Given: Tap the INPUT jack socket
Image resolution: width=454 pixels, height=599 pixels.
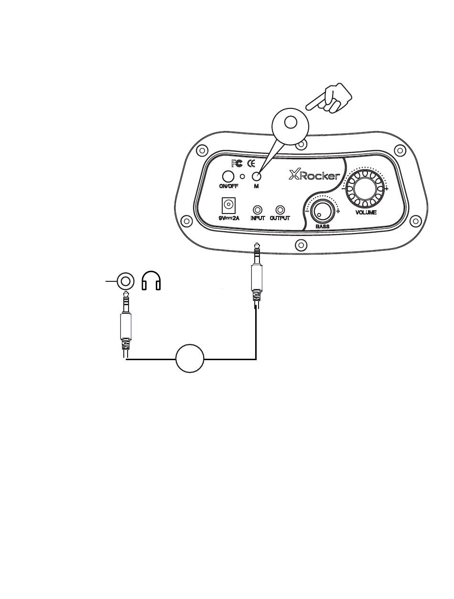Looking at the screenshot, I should pos(258,210).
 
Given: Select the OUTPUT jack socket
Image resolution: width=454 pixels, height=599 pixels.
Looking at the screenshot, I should pos(281,210).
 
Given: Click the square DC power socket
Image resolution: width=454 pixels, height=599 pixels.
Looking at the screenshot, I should pos(229,206).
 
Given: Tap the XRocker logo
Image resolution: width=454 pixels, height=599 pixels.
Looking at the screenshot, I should pos(314,175).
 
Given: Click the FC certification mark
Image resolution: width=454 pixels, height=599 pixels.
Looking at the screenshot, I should pos(237,163).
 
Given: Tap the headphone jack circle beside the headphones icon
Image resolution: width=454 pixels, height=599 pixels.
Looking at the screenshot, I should pos(125,281).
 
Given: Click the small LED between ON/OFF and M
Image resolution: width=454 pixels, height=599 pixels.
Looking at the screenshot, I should pos(242,176).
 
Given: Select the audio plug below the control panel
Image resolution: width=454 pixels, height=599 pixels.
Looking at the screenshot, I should pos(257,277).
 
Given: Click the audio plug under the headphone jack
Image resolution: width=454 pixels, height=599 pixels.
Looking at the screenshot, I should pos(125,325).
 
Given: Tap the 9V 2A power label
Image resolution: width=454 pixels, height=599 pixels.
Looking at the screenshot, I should pos(229,218).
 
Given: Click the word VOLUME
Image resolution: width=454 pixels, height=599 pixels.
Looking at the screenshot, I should pos(366,212).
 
